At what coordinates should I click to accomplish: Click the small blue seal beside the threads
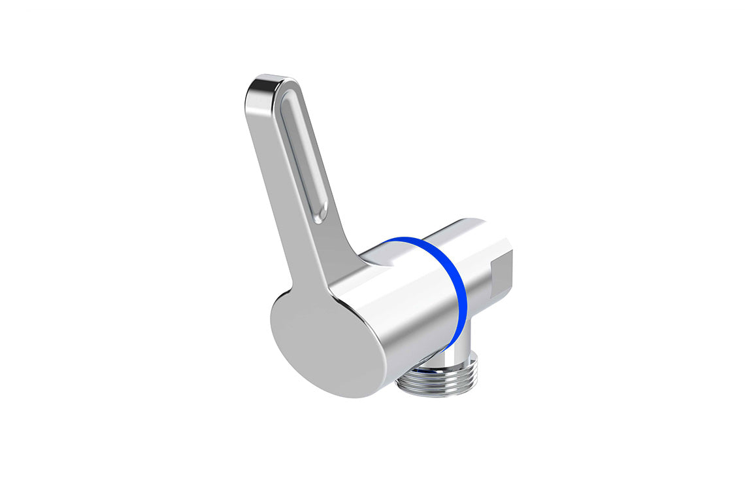tap(418, 370)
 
